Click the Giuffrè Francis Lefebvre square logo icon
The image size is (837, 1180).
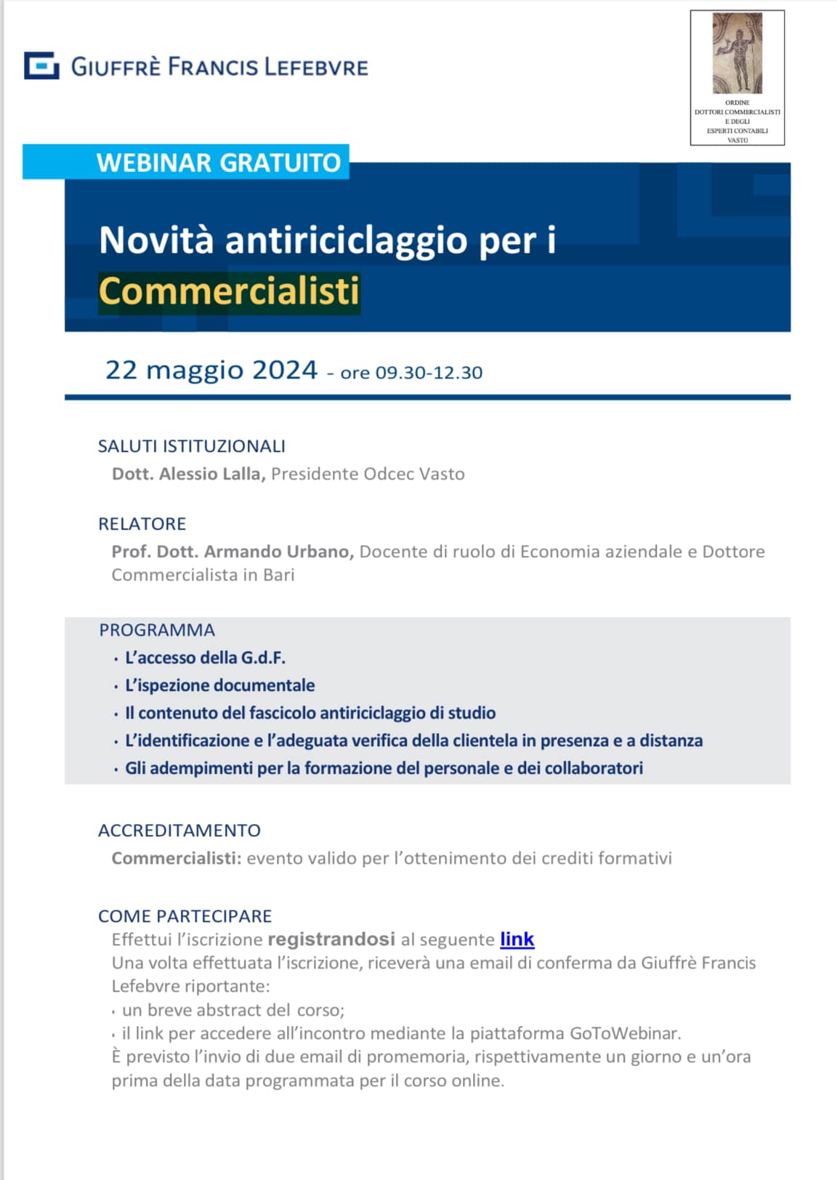[x=41, y=66]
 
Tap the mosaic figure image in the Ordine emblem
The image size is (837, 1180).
[x=737, y=53]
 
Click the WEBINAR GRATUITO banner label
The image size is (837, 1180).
[x=218, y=162]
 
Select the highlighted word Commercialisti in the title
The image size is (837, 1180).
[x=229, y=291]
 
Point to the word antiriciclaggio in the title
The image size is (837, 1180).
[x=346, y=241]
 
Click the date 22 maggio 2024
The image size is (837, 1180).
[x=211, y=371]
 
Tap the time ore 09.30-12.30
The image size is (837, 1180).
[x=411, y=373]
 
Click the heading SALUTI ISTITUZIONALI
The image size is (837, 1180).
[x=192, y=446]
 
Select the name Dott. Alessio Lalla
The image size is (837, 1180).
[x=189, y=474]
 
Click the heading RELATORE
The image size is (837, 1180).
[x=142, y=524]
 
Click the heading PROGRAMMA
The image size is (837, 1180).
[x=157, y=630]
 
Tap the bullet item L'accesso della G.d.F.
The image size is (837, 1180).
[x=205, y=658]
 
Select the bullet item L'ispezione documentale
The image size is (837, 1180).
[x=219, y=685]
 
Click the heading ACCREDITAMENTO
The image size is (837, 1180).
[x=179, y=831]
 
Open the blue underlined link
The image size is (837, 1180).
[x=517, y=939]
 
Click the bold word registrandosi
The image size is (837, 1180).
[x=331, y=939]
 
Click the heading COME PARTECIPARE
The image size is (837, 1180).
[x=185, y=916]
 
